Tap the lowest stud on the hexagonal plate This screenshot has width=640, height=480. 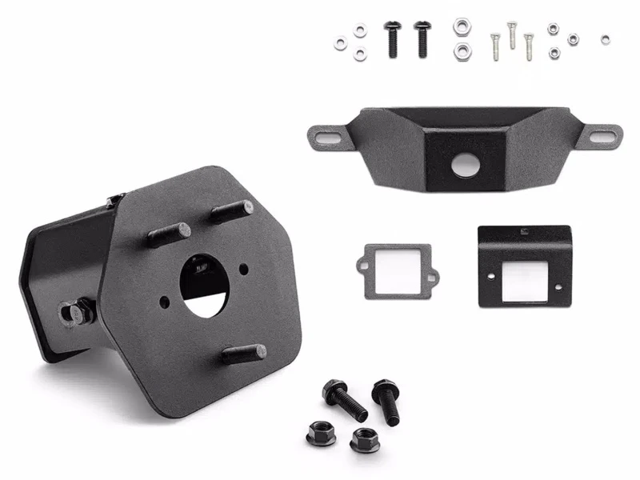[x=243, y=354]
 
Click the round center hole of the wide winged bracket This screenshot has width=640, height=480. [x=465, y=166]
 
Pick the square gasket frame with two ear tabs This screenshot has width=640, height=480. [x=397, y=272]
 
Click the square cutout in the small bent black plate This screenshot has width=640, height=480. [x=524, y=274]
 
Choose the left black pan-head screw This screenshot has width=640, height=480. [x=392, y=38]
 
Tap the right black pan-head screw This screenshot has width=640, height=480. [x=422, y=37]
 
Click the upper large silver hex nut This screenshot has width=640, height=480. [x=462, y=27]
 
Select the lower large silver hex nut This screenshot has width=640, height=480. [x=462, y=52]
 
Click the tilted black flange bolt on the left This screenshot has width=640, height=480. [x=344, y=399]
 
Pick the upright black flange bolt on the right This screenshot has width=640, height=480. [x=386, y=401]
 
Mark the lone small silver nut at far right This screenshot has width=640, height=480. [x=605, y=39]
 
